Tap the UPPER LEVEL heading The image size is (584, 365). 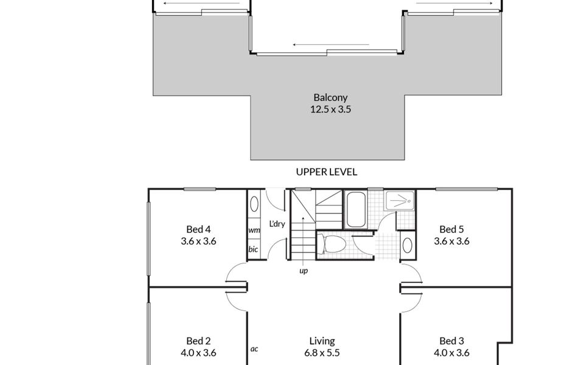tap(327, 172)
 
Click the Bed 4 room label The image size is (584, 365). tap(198, 229)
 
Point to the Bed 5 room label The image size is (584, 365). tap(451, 229)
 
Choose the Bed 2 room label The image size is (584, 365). tap(198, 341)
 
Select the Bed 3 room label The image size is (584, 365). tap(451, 341)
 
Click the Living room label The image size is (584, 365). tap(322, 341)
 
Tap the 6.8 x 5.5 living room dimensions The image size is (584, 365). tap(322, 353)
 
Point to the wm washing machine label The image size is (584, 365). tap(254, 231)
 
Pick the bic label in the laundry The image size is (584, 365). tap(253, 249)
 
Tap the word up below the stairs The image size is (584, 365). tap(302, 271)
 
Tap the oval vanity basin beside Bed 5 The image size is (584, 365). tap(407, 245)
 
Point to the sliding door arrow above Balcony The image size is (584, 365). tap(330, 45)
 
